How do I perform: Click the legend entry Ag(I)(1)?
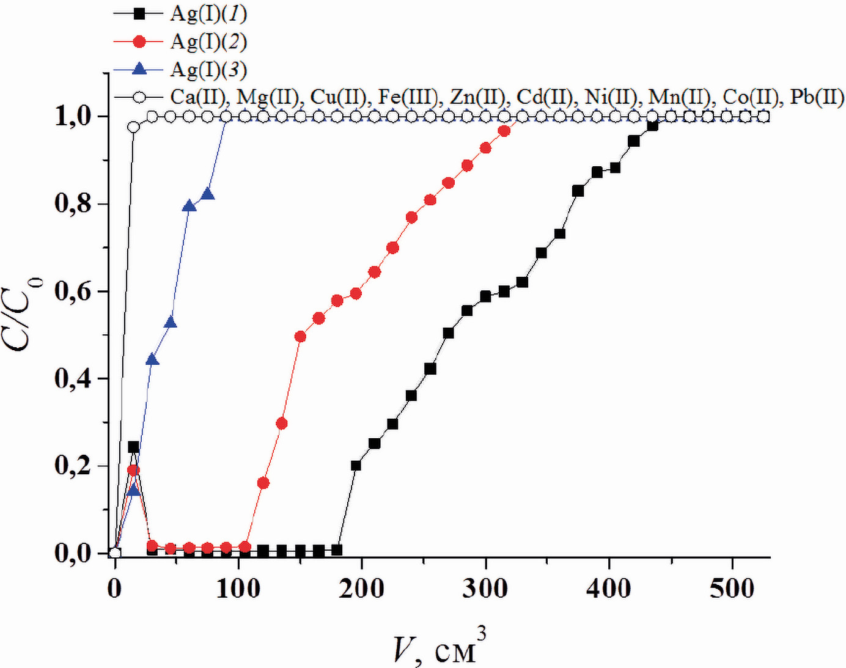(208, 13)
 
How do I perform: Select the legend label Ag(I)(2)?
(208, 42)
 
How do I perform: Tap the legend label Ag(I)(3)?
(208, 70)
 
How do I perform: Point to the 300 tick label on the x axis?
(486, 589)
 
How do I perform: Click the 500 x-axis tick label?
(732, 589)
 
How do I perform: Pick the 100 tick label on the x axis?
(238, 589)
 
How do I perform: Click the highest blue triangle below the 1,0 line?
(208, 194)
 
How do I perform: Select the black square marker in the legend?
(139, 13)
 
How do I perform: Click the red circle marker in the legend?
(139, 42)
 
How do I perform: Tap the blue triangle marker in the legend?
(139, 68)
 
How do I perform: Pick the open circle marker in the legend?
(139, 97)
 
